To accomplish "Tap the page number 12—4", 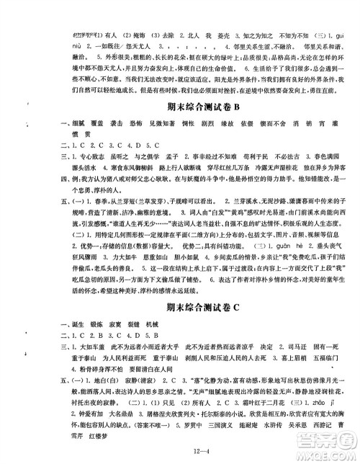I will [179, 452].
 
